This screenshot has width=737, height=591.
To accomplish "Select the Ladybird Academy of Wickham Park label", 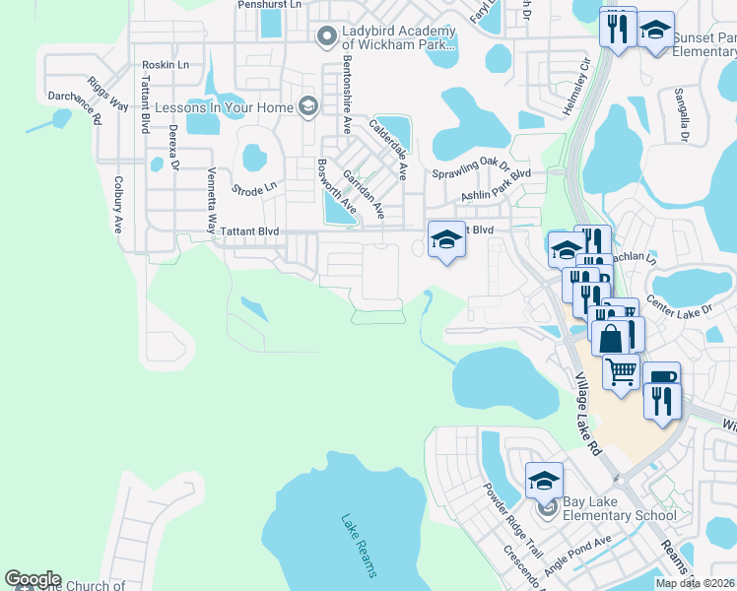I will coord(398,37).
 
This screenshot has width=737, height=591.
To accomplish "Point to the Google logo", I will coord(33,579).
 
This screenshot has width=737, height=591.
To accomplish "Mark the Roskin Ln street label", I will coord(159,65).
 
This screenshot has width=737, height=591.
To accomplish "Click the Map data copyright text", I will coord(694,583).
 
